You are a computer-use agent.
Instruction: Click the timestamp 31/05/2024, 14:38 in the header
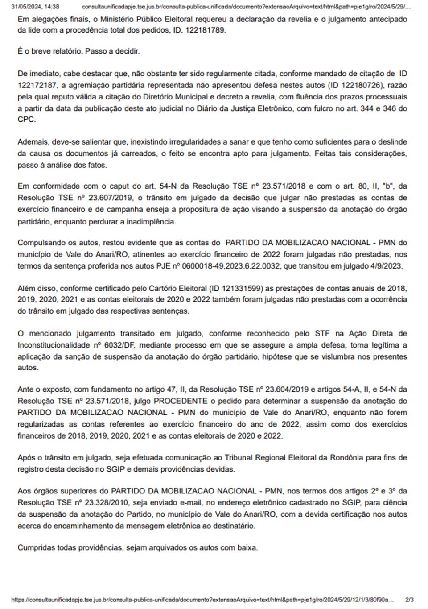(35, 7)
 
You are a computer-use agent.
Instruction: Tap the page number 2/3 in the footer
(409, 600)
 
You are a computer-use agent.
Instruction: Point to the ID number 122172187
(38, 85)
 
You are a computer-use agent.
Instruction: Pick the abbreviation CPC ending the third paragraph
(26, 120)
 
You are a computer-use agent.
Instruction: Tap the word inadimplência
(151, 221)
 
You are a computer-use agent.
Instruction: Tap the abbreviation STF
(322, 334)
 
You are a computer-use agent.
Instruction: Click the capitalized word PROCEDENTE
(181, 401)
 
